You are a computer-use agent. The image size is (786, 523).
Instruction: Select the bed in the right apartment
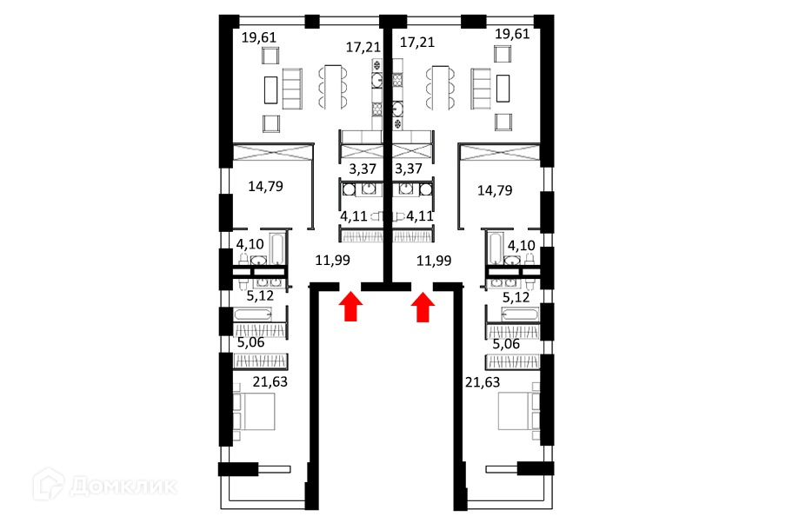coord(520,411)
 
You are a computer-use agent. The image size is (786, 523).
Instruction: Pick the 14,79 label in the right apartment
coord(496,190)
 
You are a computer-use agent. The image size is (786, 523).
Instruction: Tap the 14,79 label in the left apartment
coord(265,184)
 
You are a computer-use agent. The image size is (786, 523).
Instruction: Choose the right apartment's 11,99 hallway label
coord(434,260)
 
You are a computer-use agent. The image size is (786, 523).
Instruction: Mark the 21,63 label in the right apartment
coord(483,381)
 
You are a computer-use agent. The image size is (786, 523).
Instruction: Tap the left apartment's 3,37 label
coord(363,169)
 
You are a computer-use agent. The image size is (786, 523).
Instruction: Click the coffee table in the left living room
coord(270,89)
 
